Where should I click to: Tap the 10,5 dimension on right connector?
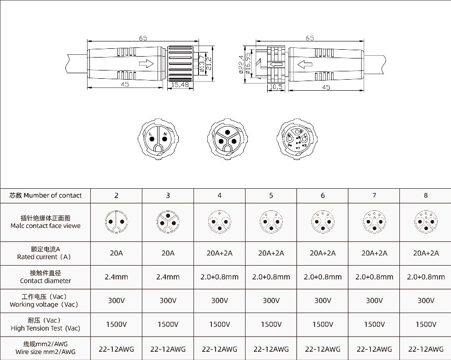[x=276, y=86]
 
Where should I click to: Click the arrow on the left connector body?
[x=146, y=64]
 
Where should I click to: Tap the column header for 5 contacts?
[x=271, y=195]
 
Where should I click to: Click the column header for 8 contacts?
[x=425, y=195]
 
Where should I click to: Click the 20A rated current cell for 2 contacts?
[x=116, y=253]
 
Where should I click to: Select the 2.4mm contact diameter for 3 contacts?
[x=168, y=277]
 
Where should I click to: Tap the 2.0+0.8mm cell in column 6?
[x=322, y=277]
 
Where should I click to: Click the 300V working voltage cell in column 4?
[x=219, y=301]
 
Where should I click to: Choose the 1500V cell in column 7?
[x=374, y=324]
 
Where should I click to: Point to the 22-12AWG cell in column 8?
[x=425, y=349]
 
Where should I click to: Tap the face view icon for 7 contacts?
[x=374, y=221]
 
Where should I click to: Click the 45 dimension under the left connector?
[x=125, y=85]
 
